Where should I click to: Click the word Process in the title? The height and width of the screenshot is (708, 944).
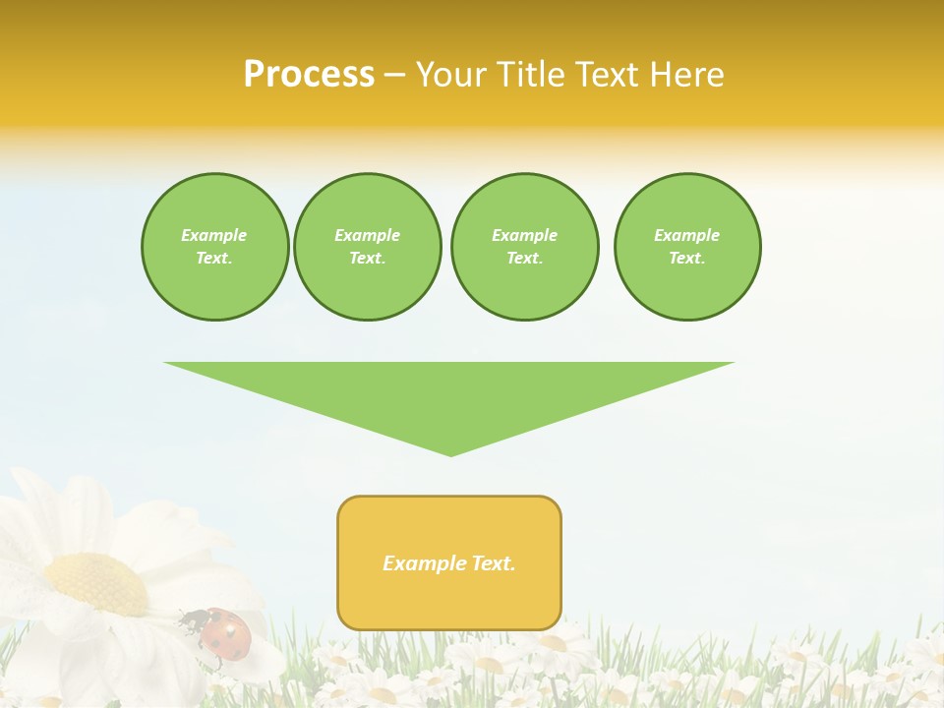click(309, 75)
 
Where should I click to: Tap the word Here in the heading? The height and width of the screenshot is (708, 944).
click(686, 75)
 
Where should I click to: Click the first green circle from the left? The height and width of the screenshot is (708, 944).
click(214, 247)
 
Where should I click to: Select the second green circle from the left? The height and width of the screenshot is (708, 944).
click(368, 247)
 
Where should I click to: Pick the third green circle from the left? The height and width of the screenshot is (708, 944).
click(524, 247)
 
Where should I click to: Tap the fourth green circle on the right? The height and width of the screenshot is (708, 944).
click(687, 247)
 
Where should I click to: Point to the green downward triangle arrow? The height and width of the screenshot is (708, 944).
click(449, 393)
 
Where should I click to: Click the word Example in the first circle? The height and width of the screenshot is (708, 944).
click(214, 235)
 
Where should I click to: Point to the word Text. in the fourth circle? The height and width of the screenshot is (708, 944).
click(687, 259)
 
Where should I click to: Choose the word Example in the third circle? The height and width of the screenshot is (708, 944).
click(524, 235)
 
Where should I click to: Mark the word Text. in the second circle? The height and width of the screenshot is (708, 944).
click(368, 259)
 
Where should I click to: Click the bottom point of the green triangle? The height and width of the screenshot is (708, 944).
click(450, 453)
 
